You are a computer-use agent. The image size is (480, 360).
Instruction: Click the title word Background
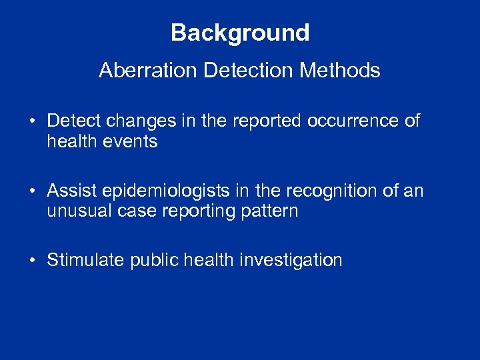pos(240,33)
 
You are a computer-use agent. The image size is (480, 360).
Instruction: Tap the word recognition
pos(337,192)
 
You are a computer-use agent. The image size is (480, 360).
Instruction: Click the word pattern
pos(271,211)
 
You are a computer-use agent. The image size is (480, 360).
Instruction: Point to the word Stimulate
pos(85,259)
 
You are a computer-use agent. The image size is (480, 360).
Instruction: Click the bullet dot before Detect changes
pos(33,121)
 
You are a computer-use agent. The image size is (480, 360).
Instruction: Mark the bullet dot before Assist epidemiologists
pos(33,192)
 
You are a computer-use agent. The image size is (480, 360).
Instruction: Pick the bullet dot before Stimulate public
pos(33,260)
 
